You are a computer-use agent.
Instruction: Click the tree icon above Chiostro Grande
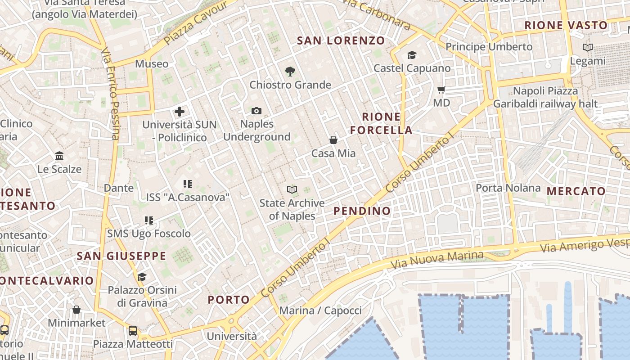[290, 71]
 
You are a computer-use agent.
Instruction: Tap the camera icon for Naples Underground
[256, 111]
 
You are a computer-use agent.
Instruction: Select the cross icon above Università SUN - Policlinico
[180, 112]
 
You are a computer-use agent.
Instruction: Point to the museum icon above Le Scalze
[59, 156]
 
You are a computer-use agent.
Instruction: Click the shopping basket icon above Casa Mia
[333, 140]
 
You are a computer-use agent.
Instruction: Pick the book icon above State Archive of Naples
[292, 190]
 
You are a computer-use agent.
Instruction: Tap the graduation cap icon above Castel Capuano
[412, 55]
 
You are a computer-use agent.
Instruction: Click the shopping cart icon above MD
[441, 90]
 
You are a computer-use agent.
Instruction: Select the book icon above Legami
[587, 47]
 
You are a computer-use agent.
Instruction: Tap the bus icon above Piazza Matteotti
[133, 331]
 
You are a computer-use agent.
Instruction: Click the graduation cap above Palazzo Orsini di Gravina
[142, 277]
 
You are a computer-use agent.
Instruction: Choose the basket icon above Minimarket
[76, 310]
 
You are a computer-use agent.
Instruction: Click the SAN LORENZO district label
[341, 40]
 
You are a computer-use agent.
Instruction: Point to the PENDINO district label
[362, 211]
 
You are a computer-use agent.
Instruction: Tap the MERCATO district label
[576, 191]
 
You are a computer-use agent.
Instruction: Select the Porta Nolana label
[508, 188]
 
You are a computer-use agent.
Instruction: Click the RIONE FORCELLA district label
[382, 123]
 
